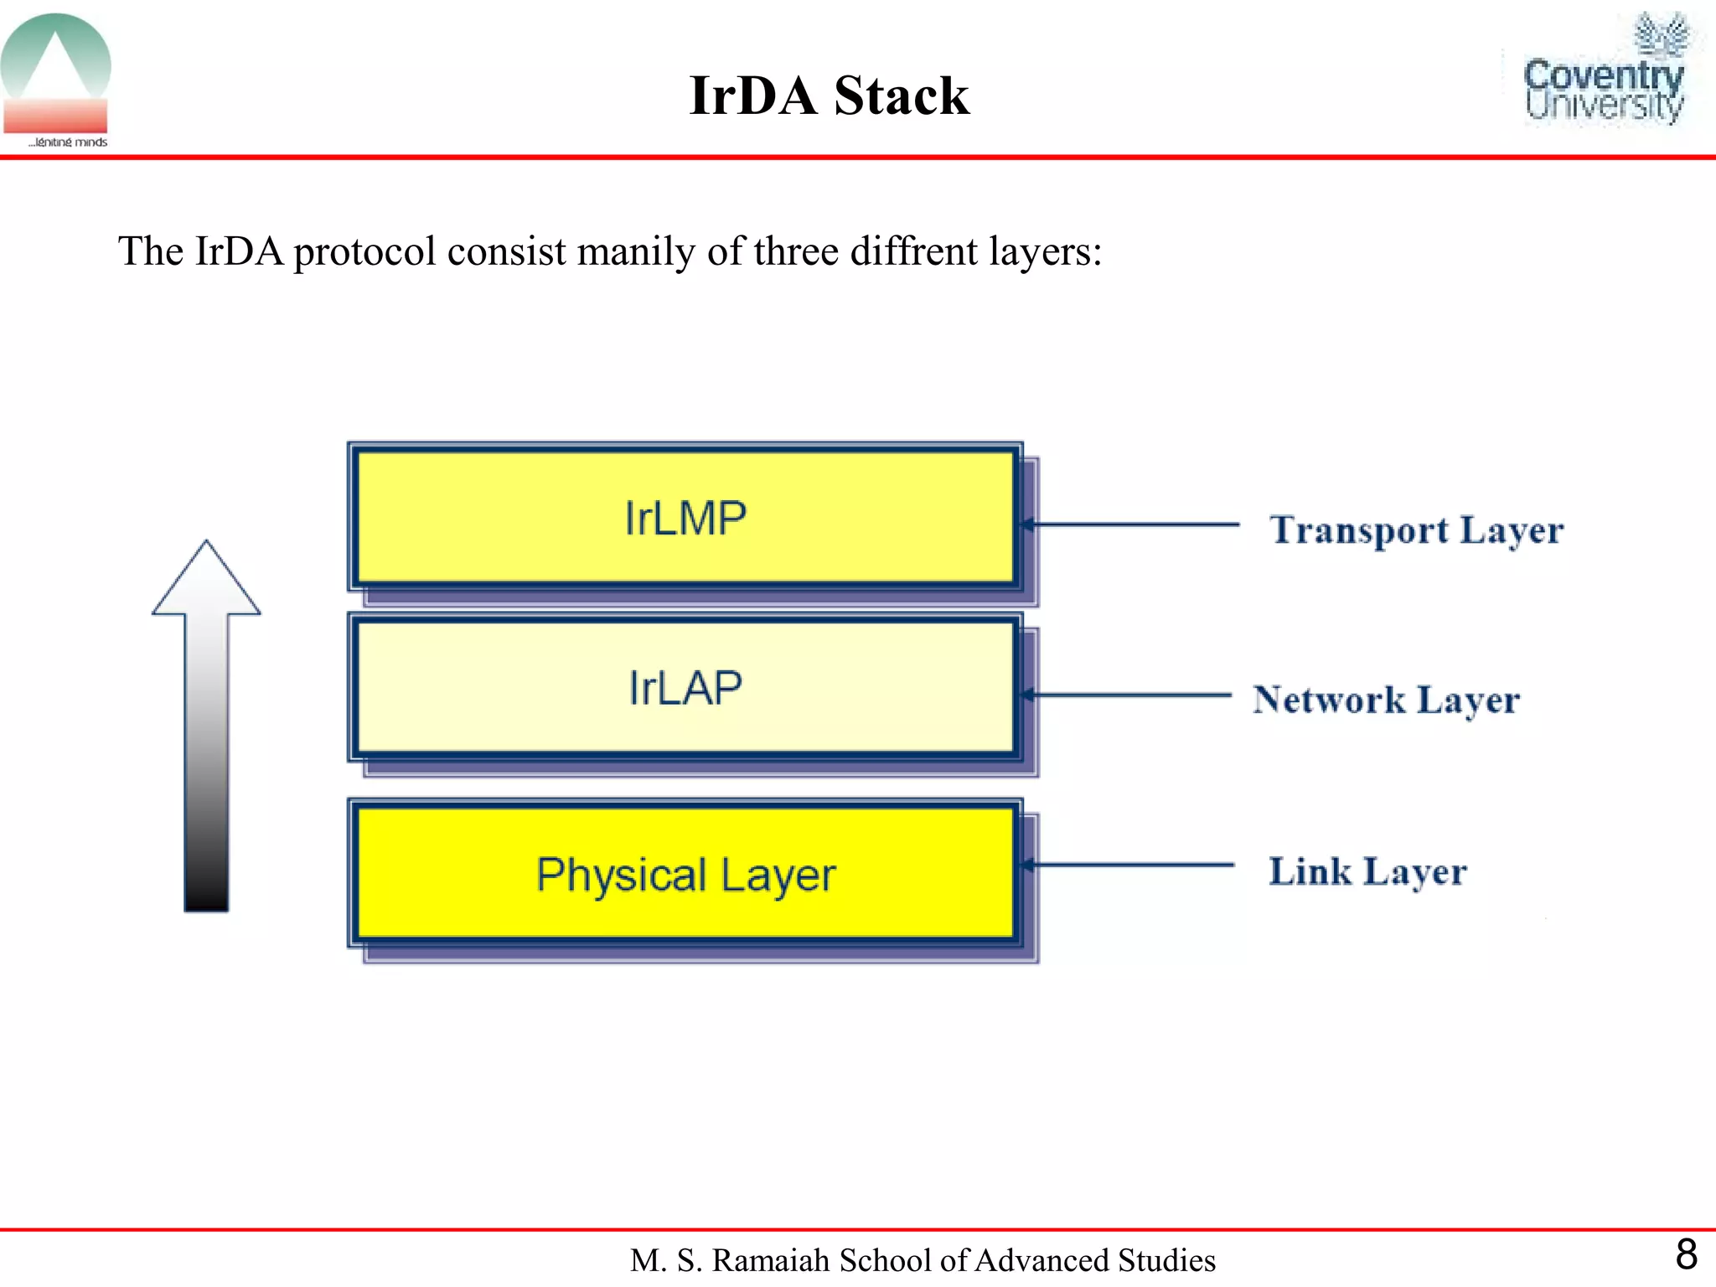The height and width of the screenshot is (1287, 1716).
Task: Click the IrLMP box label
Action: pyautogui.click(x=685, y=518)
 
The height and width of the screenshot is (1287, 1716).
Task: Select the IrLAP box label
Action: pyautogui.click(x=685, y=688)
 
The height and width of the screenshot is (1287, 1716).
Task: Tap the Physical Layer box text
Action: pyautogui.click(x=685, y=875)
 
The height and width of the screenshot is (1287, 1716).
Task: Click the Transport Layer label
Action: pyautogui.click(x=1416, y=530)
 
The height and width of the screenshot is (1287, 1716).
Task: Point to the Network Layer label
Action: pyautogui.click(x=1386, y=700)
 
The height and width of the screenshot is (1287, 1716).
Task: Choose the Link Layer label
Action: pyautogui.click(x=1367, y=871)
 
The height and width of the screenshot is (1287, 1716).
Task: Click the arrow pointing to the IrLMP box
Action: pyautogui.click(x=1131, y=525)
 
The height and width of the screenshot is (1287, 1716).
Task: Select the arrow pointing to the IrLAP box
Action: pyautogui.click(x=1127, y=695)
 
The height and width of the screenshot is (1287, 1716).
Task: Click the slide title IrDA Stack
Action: pyautogui.click(x=829, y=95)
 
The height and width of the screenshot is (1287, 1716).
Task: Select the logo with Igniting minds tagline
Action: pyautogui.click(x=56, y=80)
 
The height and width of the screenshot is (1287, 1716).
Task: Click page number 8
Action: pyautogui.click(x=1686, y=1254)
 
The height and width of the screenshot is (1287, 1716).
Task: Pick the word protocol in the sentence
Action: pyautogui.click(x=364, y=251)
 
